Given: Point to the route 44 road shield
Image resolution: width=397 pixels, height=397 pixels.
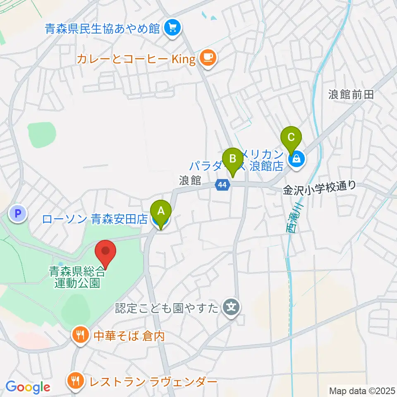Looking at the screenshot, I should pyautogui.click(x=222, y=185).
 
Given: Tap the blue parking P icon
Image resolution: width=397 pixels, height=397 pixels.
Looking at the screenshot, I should pyautogui.click(x=17, y=214).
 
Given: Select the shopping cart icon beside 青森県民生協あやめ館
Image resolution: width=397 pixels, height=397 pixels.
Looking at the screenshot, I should pyautogui.click(x=170, y=28).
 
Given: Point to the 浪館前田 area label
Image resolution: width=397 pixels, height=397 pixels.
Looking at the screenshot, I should pyautogui.click(x=351, y=94).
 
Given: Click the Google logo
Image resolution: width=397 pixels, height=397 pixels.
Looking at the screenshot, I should pyautogui.click(x=28, y=387).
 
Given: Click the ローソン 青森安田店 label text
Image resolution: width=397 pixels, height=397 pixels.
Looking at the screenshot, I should pyautogui.click(x=95, y=219).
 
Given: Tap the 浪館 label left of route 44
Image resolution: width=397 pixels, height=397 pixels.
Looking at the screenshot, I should pyautogui.click(x=190, y=181).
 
